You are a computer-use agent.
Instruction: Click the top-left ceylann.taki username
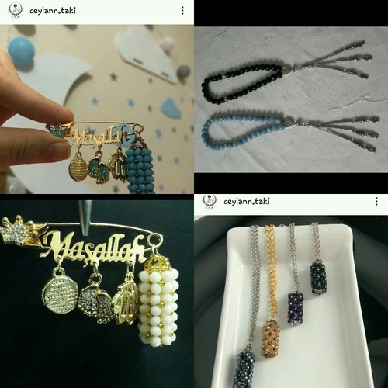click(x=53, y=10)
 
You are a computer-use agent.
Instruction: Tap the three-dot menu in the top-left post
click(x=182, y=10)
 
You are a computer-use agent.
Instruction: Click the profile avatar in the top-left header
click(x=16, y=10)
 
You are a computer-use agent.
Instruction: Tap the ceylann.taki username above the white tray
click(x=247, y=201)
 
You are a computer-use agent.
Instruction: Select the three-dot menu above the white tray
click(x=376, y=201)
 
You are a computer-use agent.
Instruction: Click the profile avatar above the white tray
click(x=210, y=201)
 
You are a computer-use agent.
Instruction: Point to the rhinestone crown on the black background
click(x=16, y=230)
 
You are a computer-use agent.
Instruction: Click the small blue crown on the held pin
click(x=56, y=130)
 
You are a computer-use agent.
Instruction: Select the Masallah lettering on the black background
click(x=95, y=247)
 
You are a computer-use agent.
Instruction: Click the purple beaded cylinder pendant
click(x=296, y=308)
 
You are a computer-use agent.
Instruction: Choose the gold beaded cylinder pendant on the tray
click(x=271, y=338)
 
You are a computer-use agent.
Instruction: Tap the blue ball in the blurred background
click(x=21, y=50)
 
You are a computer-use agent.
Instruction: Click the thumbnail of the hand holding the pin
click(x=97, y=109)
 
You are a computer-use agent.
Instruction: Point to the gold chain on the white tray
click(x=270, y=272)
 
